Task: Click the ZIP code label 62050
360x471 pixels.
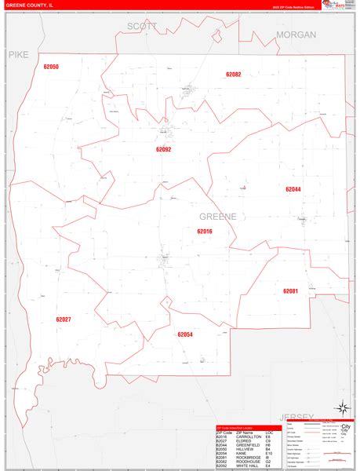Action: click(x=51, y=67)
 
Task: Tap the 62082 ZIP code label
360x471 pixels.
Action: click(x=234, y=74)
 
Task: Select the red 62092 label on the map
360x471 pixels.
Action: click(x=163, y=148)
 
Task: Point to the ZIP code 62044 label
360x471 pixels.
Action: click(x=293, y=189)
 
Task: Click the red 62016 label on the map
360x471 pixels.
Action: click(x=205, y=231)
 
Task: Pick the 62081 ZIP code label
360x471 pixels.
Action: click(x=291, y=291)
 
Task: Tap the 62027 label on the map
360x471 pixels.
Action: click(x=64, y=319)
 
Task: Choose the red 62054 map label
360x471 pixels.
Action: click(x=185, y=334)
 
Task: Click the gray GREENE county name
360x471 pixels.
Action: click(x=217, y=216)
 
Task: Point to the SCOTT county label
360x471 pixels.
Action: click(x=142, y=26)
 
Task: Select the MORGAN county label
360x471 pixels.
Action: click(x=296, y=35)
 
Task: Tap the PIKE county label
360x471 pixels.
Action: click(x=17, y=55)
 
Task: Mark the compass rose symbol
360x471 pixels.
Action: click(x=342, y=408)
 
